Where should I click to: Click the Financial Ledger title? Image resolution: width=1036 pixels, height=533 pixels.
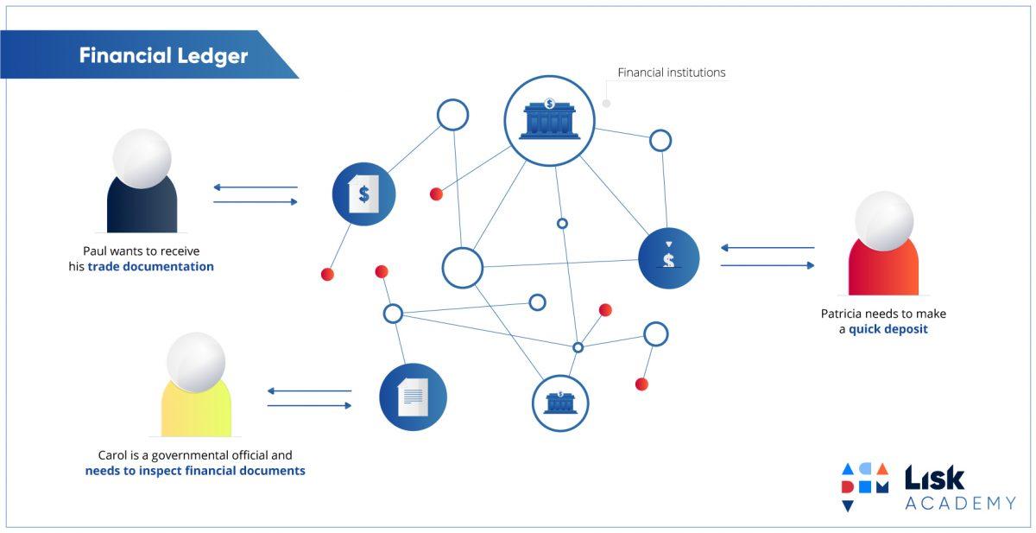pyautogui.click(x=163, y=56)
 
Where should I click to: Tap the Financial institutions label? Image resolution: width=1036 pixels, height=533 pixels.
pyautogui.click(x=671, y=73)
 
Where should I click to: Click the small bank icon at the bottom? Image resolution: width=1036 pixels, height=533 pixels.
pyautogui.click(x=560, y=402)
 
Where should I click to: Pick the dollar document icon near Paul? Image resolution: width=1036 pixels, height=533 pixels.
pyautogui.click(x=363, y=194)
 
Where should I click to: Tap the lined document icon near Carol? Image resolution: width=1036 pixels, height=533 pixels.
pyautogui.click(x=413, y=397)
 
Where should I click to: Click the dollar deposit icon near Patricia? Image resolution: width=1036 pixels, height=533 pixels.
pyautogui.click(x=668, y=257)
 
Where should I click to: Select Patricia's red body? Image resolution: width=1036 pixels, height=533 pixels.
pyautogui.click(x=883, y=268)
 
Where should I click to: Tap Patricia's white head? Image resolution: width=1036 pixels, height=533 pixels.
pyautogui.click(x=883, y=221)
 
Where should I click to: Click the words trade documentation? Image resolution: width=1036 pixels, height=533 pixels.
pyautogui.click(x=150, y=267)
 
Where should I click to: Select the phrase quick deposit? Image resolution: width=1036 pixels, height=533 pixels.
pyautogui.click(x=888, y=329)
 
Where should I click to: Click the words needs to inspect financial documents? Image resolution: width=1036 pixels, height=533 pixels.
pyautogui.click(x=195, y=471)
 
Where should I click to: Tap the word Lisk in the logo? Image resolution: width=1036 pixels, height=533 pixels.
pyautogui.click(x=934, y=478)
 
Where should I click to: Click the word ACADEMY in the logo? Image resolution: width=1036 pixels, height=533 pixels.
pyautogui.click(x=960, y=503)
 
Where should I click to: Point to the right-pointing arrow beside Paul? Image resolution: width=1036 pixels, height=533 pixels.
pyautogui.click(x=256, y=202)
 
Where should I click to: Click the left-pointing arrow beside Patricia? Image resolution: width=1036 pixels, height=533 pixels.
pyautogui.click(x=767, y=248)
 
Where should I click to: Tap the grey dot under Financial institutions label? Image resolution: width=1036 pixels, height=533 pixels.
pyautogui.click(x=606, y=104)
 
